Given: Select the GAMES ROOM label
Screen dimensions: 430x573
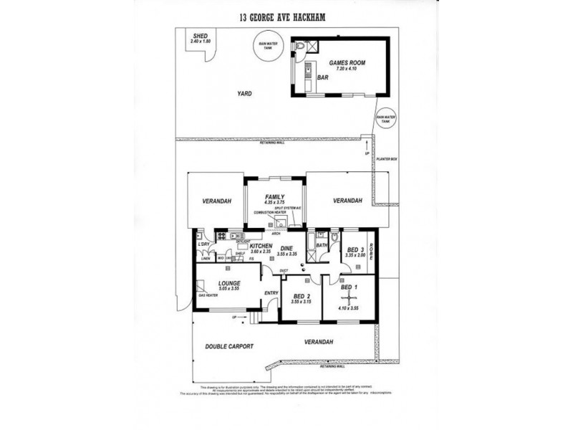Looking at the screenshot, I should pyautogui.click(x=347, y=63).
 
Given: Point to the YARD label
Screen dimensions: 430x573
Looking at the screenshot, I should pyautogui.click(x=248, y=93).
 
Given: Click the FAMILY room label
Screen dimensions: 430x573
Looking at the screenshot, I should pyautogui.click(x=274, y=197).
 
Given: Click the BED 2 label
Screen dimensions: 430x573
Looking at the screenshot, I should pyautogui.click(x=301, y=296).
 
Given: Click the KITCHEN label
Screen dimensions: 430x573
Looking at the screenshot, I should pyautogui.click(x=260, y=246).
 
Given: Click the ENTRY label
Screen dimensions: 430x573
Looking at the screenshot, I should pyautogui.click(x=271, y=292).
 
